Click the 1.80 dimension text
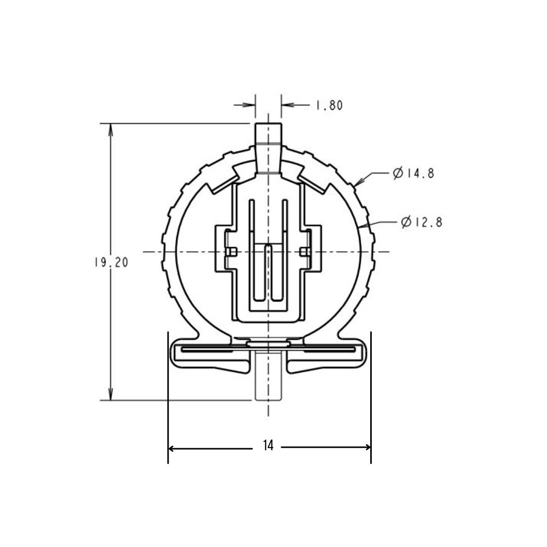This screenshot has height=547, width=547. click(329, 105)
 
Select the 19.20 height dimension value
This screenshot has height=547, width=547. click(110, 262)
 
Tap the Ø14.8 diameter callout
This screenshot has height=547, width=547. click(413, 174)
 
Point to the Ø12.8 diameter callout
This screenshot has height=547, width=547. click(421, 222)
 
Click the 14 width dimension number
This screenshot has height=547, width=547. click(268, 446)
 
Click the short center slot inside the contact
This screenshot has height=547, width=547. click(268, 271)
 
